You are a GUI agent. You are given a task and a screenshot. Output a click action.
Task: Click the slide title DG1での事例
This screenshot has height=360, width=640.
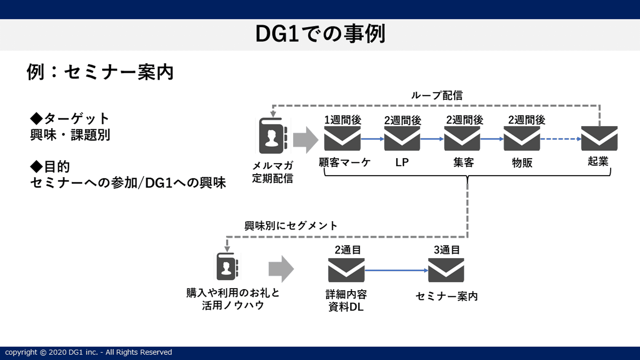pos(320,34)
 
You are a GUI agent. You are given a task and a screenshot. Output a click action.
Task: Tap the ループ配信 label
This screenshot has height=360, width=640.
pos(437,96)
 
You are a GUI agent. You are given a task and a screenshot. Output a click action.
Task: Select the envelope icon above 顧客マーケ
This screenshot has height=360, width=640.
pos(342,139)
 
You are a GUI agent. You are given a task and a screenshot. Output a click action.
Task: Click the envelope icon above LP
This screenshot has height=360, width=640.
pos(402,139)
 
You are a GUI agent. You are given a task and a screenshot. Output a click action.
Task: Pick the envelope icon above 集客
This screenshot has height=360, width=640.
pos(462,139)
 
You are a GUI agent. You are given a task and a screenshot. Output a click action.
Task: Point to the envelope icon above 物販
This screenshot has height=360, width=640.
pos(522,139)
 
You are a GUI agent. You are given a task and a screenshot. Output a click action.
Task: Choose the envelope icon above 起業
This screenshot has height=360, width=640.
pos(599,139)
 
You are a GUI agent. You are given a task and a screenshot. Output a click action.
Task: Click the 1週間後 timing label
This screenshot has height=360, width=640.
pos(343,120)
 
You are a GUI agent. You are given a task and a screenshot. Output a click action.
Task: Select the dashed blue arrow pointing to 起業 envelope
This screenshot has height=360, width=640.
pos(560,139)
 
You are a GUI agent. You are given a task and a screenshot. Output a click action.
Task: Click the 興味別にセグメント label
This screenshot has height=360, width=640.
pos(291,226)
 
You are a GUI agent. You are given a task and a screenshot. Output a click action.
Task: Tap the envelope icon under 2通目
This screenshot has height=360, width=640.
pos(346,270)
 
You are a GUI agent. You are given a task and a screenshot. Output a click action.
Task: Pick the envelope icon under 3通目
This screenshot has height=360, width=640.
pos(446,270)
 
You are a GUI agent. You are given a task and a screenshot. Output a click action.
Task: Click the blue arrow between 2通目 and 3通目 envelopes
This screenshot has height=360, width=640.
pos(396,270)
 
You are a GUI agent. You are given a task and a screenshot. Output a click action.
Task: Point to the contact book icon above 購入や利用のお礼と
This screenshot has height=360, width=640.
pos(227,267)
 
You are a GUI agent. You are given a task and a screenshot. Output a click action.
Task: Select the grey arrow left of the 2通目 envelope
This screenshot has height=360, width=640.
pos(281,269)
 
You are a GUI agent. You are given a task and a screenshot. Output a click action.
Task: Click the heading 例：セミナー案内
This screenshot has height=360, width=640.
pos(100,72)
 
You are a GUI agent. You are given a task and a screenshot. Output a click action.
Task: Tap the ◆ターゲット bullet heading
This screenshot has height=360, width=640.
pos(70,119)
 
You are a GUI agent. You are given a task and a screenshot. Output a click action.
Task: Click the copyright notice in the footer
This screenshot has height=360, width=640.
pos(88,352)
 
